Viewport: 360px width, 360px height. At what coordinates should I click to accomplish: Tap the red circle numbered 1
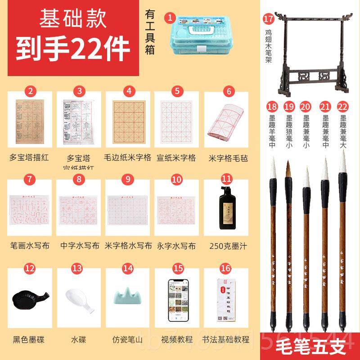[x=170, y=18]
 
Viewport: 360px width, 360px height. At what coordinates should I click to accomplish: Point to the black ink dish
[x=29, y=299]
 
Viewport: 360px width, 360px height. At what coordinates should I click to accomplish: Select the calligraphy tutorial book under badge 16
[x=226, y=300]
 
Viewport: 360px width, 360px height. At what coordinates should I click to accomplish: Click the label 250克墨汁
[x=226, y=246]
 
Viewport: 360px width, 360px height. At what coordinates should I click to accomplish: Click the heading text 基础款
[x=72, y=19]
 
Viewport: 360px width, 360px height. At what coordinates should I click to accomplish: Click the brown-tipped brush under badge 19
[x=289, y=243]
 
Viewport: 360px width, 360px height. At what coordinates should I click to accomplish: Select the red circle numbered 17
[x=269, y=18]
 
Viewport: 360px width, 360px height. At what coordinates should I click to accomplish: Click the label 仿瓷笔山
[x=128, y=340]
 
